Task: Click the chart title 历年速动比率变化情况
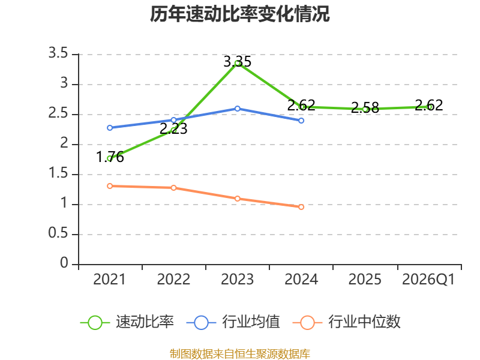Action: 239,14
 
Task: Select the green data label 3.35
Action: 237,62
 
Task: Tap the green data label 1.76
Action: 110,157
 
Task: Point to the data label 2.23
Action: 173,128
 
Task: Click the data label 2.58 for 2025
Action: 365,107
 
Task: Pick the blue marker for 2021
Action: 110,128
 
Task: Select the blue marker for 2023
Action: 237,109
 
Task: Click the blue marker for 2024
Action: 301,121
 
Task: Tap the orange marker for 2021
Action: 110,186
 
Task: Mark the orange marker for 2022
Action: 173,188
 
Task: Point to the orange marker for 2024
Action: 301,207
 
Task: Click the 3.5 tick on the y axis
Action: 58,53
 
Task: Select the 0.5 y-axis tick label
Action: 58,233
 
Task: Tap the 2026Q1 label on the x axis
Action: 428,279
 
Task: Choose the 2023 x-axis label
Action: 237,279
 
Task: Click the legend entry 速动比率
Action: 127,322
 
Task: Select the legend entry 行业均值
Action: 233,322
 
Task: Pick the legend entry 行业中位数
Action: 347,322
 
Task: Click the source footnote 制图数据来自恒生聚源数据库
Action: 239,353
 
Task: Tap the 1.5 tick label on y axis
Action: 58,173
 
